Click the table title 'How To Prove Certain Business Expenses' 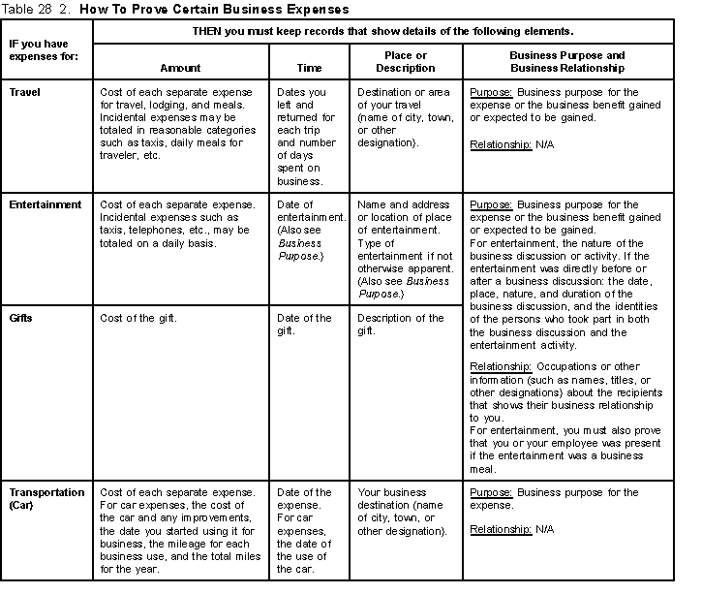point(214,9)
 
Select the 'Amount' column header point(180,69)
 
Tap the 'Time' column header point(310,69)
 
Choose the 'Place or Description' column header point(406,62)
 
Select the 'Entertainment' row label point(45,205)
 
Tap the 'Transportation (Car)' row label point(46,498)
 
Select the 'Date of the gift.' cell point(305,324)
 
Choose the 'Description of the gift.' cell point(401,324)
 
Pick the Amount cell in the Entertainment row point(178,224)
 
